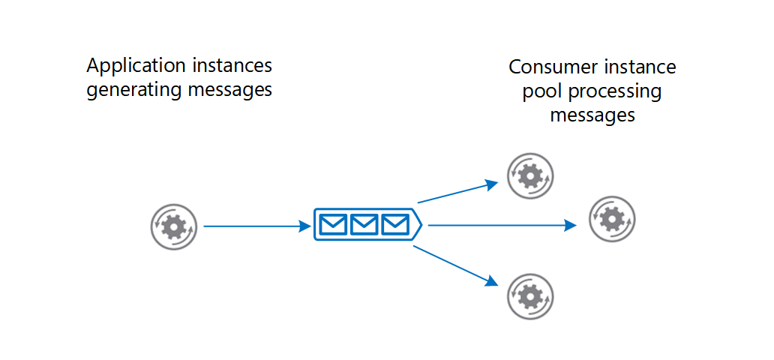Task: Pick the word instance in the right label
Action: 639,67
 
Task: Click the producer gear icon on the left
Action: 174,226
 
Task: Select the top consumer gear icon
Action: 530,176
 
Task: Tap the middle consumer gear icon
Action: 612,219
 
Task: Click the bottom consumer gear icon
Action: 530,296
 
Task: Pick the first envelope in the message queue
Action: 333,224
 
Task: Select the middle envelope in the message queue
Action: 364,224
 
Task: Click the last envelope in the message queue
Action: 394,224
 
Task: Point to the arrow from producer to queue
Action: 255,225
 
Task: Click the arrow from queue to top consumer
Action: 456,192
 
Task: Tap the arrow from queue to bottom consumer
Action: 454,265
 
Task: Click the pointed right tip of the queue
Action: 421,224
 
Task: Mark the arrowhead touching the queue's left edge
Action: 305,225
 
